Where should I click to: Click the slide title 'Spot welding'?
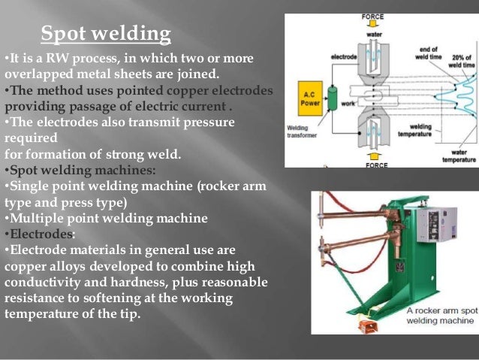(x=106, y=34)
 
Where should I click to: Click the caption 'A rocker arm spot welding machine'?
(x=441, y=314)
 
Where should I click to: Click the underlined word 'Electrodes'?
(x=42, y=234)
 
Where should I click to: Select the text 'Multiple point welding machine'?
(x=108, y=218)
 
